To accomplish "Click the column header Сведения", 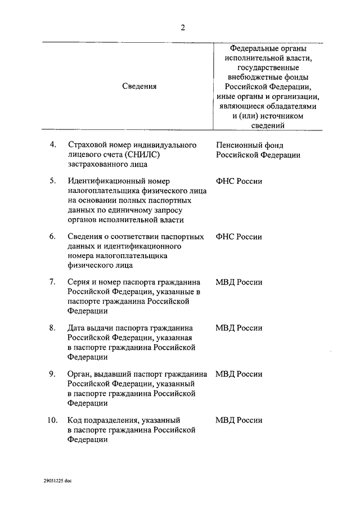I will coord(139,86).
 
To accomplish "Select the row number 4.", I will coord(53,145).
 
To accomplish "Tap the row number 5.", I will coord(53,181).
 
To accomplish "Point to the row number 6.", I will coord(53,236).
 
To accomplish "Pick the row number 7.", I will coord(53,282).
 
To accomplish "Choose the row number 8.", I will coord(53,327).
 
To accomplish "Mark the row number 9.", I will coord(53,373).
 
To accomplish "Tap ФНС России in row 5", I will coord(238,181).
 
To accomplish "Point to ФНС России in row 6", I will coord(238,237).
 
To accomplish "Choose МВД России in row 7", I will coord(238,282).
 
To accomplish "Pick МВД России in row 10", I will coord(238,420).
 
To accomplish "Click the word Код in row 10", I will coord(74,420).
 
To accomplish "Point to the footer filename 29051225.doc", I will coord(57,481).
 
